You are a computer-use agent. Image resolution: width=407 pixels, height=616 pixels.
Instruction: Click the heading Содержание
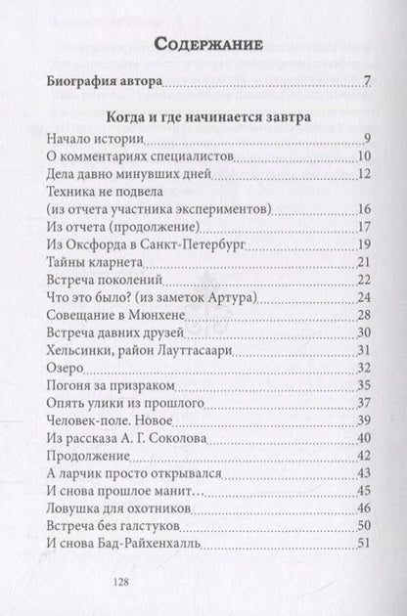(x=203, y=43)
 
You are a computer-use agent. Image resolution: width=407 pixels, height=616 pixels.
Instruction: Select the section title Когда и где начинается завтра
(x=203, y=116)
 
